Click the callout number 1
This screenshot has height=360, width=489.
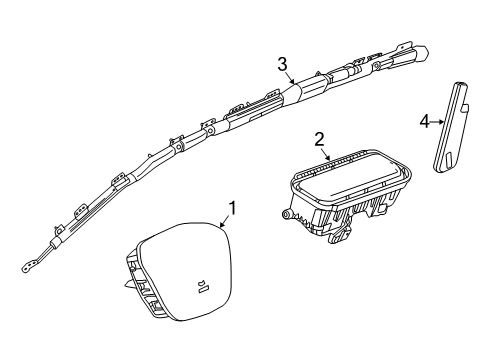(232, 209)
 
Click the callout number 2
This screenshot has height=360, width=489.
(320, 139)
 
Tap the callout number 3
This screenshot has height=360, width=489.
(283, 64)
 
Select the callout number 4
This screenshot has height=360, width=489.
(424, 121)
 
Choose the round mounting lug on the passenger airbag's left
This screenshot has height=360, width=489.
(287, 215)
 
